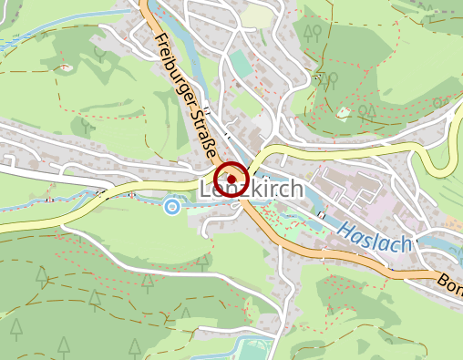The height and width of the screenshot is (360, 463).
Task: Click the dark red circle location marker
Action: coord(232,178)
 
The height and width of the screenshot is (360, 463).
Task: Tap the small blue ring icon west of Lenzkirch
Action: coord(172,208)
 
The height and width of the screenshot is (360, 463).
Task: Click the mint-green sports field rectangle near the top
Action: coord(240,64)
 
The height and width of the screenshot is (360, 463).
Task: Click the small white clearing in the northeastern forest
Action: coord(344,113)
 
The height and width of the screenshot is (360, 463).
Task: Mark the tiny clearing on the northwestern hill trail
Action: coord(65,66)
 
